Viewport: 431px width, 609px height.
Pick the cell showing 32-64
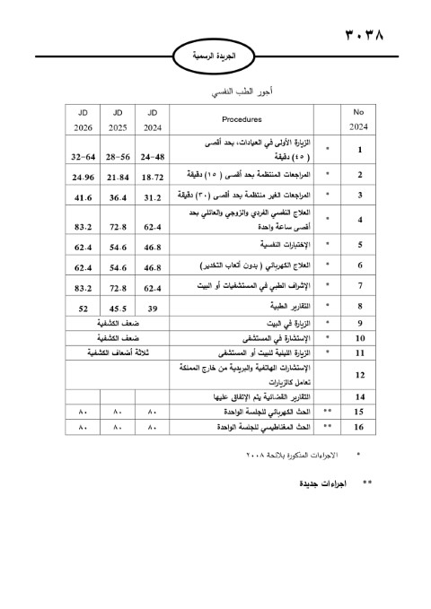click(83, 156)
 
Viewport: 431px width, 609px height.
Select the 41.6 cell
click(83, 196)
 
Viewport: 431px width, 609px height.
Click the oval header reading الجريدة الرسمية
click(220, 56)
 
